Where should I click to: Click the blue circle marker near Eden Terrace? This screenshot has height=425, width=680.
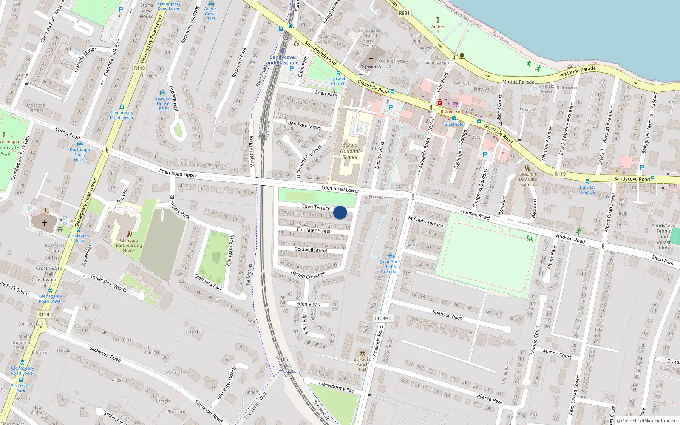(340, 212)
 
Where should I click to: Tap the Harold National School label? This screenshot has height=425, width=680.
(350, 151)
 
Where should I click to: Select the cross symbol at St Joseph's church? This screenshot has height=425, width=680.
(371, 59)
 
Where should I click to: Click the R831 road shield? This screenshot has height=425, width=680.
(404, 13)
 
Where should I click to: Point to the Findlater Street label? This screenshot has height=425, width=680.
(314, 230)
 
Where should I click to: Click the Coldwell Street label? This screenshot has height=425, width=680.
(311, 250)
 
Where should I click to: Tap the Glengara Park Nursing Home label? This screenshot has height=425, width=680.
(129, 245)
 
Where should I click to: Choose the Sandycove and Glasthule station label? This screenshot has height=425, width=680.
(282, 60)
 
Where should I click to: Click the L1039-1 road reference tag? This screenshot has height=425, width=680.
(383, 318)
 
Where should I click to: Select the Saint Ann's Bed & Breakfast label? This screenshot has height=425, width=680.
(390, 266)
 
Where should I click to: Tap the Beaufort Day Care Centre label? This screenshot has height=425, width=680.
(528, 179)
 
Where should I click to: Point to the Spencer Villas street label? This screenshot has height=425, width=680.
(447, 315)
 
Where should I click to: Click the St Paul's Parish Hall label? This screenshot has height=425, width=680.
(362, 364)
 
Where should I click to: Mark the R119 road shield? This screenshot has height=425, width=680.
(560, 174)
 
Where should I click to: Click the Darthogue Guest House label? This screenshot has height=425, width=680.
(80, 155)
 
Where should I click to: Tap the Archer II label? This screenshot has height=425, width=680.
(438, 29)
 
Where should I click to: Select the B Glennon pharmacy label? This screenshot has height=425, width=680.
(450, 111)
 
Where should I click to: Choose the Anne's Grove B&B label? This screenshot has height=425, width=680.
(210, 14)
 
